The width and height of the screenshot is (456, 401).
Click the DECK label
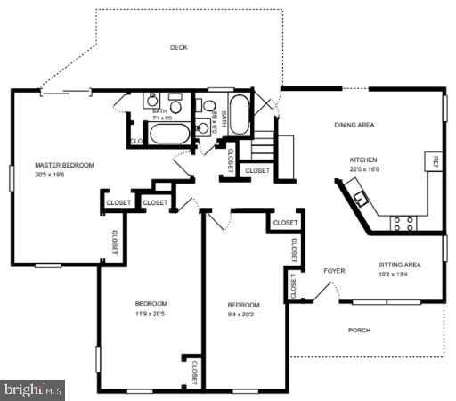tap(179, 48)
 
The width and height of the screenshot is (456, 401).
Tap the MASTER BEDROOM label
tap(64, 165)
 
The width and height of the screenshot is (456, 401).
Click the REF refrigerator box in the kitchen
tap(436, 162)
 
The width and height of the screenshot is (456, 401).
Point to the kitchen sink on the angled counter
tap(360, 198)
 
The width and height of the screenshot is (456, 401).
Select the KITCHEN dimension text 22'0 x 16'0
tap(364, 170)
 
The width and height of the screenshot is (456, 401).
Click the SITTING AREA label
tap(398, 266)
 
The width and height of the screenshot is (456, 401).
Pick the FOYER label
tap(334, 270)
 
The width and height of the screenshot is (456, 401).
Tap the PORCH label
tap(359, 331)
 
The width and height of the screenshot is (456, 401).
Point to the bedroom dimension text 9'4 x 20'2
tap(242, 314)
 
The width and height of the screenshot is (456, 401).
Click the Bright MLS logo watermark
tap(34, 389)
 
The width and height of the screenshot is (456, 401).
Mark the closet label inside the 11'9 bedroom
tap(193, 371)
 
